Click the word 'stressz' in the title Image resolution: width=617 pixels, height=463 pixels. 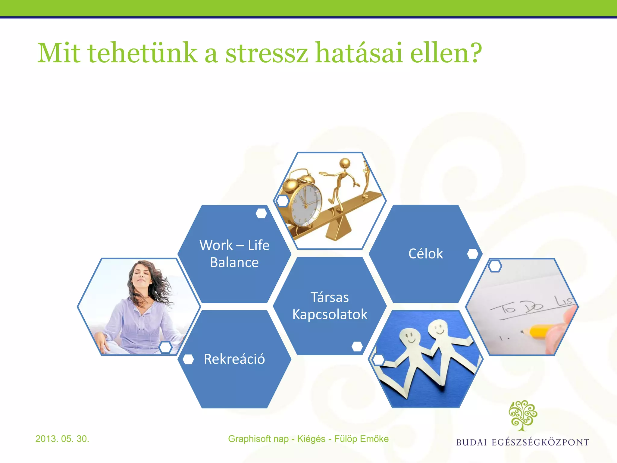click(x=267, y=53)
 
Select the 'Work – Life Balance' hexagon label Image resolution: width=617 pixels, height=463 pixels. click(x=234, y=254)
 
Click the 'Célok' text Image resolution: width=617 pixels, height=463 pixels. click(x=425, y=254)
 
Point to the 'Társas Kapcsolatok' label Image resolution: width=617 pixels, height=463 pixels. click(x=330, y=306)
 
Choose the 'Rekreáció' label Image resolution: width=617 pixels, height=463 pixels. click(x=234, y=359)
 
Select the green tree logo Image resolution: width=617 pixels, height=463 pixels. click(x=523, y=415)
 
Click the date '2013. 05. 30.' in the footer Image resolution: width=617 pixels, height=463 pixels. click(x=62, y=439)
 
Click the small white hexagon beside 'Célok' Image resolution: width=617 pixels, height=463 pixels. click(x=472, y=254)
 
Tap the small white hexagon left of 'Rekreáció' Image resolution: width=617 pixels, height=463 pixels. click(x=188, y=359)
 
